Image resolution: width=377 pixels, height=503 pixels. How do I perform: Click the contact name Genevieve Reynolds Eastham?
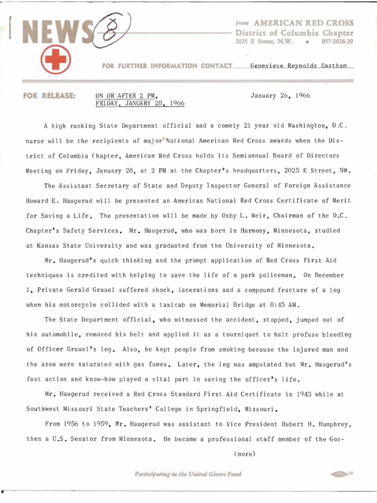point(301,66)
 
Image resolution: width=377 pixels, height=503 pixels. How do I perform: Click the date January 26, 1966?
point(280,95)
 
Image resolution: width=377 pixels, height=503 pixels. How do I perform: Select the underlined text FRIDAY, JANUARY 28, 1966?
point(139,104)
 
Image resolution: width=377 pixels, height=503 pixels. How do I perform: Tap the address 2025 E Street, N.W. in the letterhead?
point(264,42)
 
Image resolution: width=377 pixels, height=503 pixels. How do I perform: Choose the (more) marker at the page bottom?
point(245,454)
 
